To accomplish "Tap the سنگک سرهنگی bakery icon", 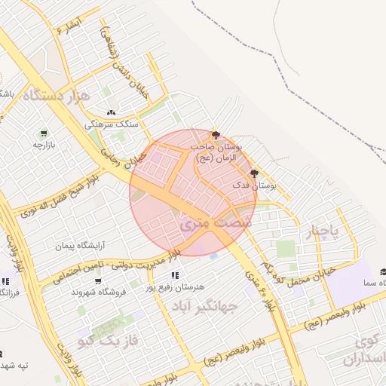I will [x=112, y=113].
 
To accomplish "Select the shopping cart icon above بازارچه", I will [x=44, y=133].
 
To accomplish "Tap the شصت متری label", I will [x=203, y=224].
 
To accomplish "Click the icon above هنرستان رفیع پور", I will [x=176, y=275].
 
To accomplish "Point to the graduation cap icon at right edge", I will [x=382, y=272].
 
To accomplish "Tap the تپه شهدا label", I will [x=14, y=366].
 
